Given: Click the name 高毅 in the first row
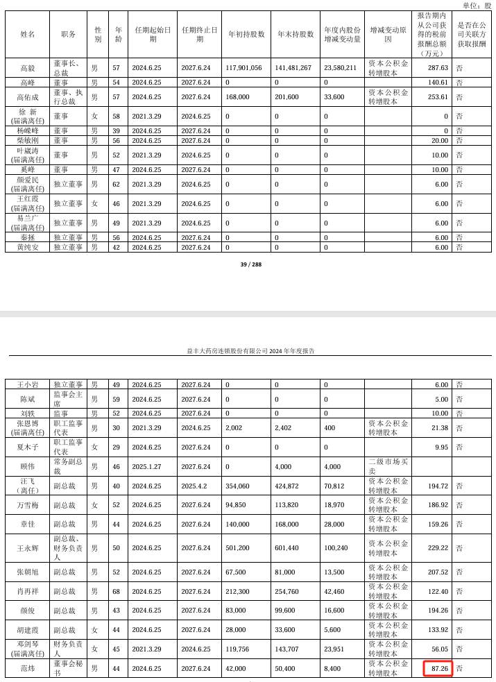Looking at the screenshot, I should coord(28,68).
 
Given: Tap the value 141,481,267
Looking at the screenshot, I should coord(294,68).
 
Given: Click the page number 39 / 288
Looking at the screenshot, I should coord(250,264).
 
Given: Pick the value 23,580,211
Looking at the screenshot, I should coord(341,68).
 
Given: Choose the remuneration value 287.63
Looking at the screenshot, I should coord(438,68).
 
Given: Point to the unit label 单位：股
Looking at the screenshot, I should coord(477,6).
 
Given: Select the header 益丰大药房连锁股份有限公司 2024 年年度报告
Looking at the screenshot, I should coord(250,351).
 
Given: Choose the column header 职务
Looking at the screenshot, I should coord(69,34).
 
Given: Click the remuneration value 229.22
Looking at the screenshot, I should coord(438,548).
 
